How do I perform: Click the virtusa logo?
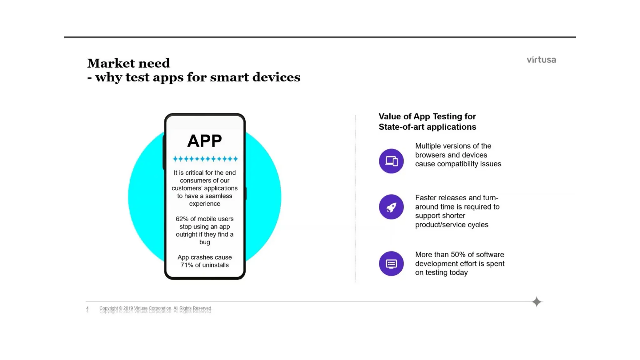tap(541, 60)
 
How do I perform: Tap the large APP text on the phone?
tap(204, 141)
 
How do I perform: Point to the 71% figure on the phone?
tap(187, 265)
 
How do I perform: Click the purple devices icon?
tap(391, 161)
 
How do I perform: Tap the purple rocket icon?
tap(391, 207)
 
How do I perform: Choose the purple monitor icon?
tap(391, 263)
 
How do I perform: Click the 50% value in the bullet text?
tap(458, 254)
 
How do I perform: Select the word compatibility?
tap(457, 164)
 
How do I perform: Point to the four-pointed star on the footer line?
tap(537, 302)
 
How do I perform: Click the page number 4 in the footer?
tap(87, 308)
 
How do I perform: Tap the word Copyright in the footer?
tap(108, 308)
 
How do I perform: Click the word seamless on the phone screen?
tap(218, 196)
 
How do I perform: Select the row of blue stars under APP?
tap(205, 159)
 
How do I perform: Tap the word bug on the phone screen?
tap(204, 242)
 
